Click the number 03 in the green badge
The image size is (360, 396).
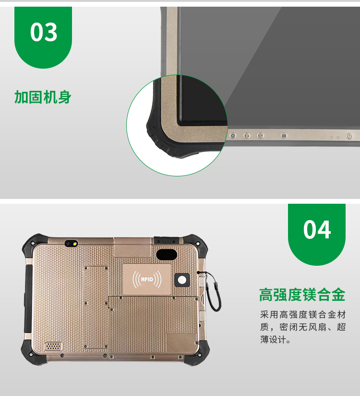[44, 32]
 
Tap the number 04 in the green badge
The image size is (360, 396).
[317, 229]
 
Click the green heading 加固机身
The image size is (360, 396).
[43, 97]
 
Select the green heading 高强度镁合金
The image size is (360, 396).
[302, 295]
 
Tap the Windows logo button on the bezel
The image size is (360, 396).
[284, 136]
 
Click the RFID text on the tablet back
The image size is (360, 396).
[147, 279]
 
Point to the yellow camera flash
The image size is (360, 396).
[75, 244]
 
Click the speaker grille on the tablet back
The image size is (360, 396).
[53, 346]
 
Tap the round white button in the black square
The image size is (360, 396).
[182, 280]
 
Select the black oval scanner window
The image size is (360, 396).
[166, 254]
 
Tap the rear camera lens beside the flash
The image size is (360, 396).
[68, 244]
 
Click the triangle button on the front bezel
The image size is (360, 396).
[233, 136]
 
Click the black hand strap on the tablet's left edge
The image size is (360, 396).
[28, 298]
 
